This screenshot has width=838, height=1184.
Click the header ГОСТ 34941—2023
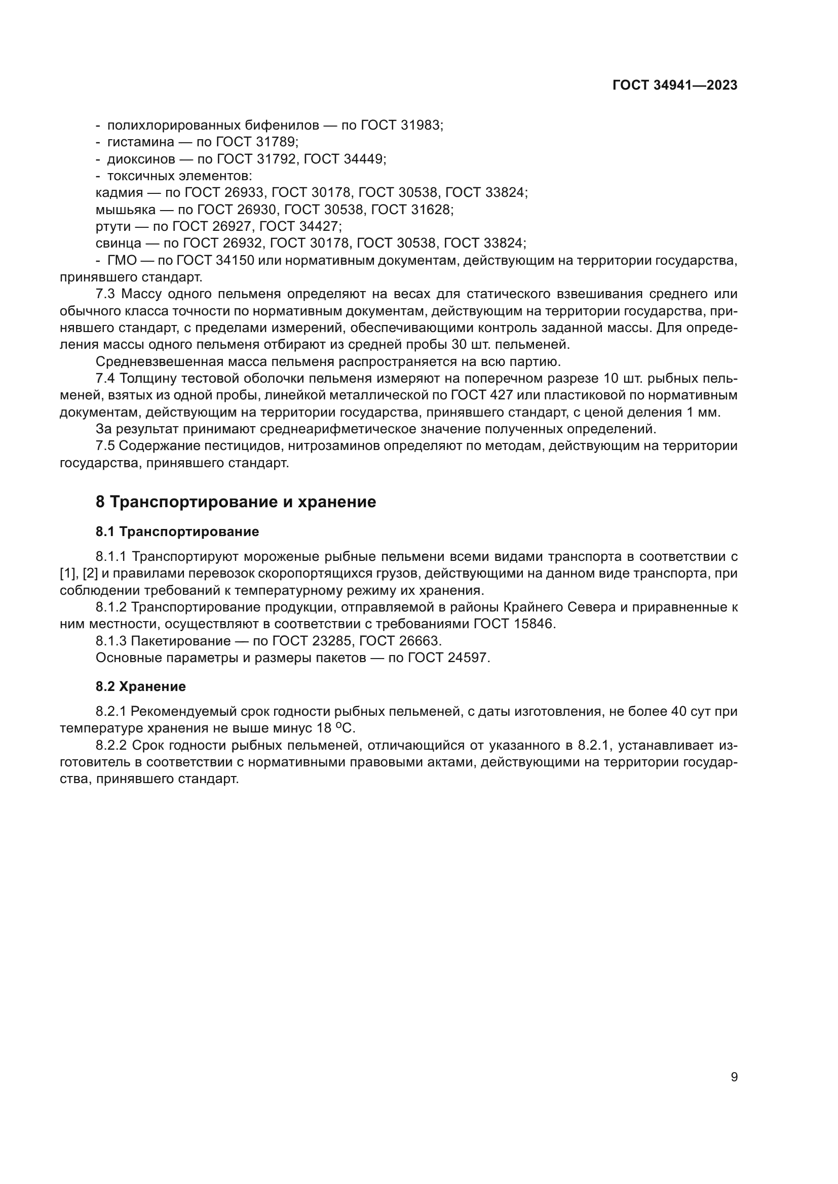674,86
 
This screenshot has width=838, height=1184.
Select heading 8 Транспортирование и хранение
236,502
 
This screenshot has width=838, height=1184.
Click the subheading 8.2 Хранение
140,686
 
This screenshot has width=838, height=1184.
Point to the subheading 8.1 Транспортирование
177,531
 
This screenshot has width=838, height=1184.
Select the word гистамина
140,142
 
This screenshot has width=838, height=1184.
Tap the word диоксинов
141,159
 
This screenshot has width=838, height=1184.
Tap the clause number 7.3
106,295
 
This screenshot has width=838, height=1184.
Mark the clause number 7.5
105,446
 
